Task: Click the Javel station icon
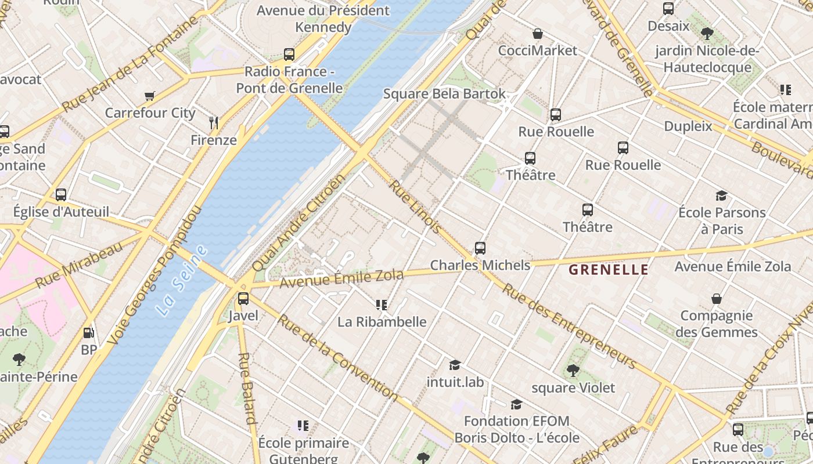coord(243,299)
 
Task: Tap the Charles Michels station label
coord(480,265)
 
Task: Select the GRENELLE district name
coord(608,270)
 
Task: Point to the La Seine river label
coord(182,281)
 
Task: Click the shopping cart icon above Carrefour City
coord(150,96)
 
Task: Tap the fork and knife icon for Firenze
coord(214,122)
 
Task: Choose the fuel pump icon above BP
coord(88,333)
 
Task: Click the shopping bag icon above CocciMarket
coord(538,34)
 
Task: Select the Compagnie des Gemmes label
coord(716,324)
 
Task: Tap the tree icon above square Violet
coord(573,370)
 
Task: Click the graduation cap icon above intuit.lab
coord(455,365)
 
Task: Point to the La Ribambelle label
coord(382,322)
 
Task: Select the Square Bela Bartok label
coord(444,94)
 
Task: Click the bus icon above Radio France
coord(289,55)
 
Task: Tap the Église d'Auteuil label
coord(61,212)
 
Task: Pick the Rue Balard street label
coord(247,388)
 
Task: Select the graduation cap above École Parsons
coord(721,196)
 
